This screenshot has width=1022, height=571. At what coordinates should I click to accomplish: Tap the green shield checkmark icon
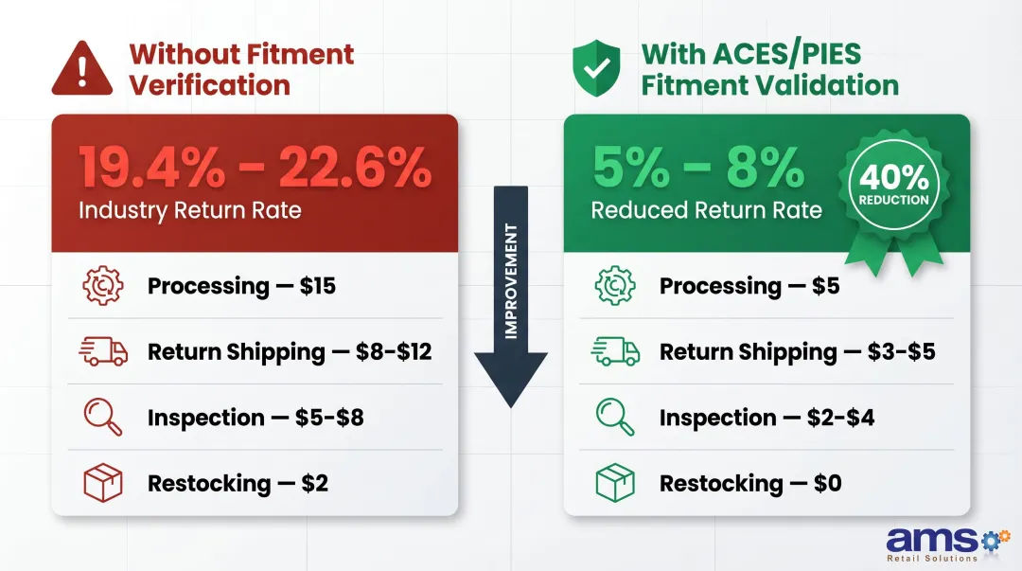tap(596, 67)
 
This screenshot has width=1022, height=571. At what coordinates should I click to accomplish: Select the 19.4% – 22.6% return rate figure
tap(255, 167)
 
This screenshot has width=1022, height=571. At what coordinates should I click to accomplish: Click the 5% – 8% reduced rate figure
tap(698, 167)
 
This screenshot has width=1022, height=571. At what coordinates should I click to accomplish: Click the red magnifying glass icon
tap(102, 418)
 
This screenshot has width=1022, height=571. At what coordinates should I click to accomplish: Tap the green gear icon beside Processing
tap(614, 286)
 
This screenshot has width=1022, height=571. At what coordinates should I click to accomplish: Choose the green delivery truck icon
tap(614, 352)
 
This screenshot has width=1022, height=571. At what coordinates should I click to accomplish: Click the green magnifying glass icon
tap(614, 418)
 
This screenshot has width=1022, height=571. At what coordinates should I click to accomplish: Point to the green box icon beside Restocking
tap(614, 484)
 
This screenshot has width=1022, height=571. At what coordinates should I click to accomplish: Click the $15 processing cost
tap(318, 286)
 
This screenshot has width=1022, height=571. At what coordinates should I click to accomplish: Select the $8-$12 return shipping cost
tap(394, 352)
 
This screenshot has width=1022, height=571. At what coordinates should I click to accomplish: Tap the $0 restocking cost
tap(827, 484)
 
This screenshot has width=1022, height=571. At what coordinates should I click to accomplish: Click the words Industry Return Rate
tap(189, 210)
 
